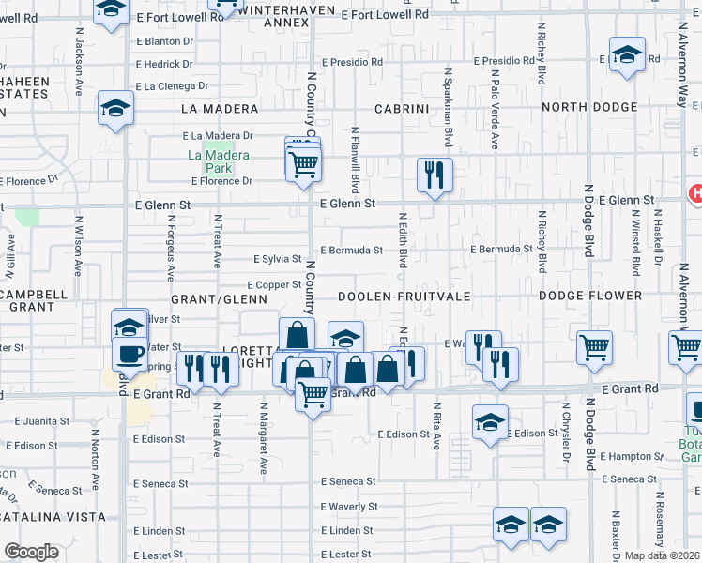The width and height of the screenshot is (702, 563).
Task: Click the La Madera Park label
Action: pyautogui.click(x=219, y=161)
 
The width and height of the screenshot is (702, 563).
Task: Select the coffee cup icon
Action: pyautogui.click(x=130, y=354)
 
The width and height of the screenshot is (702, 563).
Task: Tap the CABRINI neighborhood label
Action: pyautogui.click(x=402, y=109)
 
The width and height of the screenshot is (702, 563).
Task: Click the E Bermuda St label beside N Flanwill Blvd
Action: pyautogui.click(x=352, y=251)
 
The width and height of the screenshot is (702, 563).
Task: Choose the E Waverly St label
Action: pyautogui.click(x=349, y=507)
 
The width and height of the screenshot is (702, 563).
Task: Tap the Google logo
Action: pyautogui.click(x=31, y=551)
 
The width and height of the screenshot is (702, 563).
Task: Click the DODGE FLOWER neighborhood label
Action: pyautogui.click(x=589, y=296)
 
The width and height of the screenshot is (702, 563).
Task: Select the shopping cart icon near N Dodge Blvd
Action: pyautogui.click(x=595, y=347)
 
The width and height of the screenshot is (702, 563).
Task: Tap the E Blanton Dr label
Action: pyautogui.click(x=164, y=41)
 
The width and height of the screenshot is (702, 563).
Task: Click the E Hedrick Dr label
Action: pyautogui.click(x=164, y=65)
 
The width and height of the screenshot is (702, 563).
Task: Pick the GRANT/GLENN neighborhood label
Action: pyautogui.click(x=220, y=299)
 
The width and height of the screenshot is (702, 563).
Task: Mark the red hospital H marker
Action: pyautogui.click(x=695, y=194)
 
